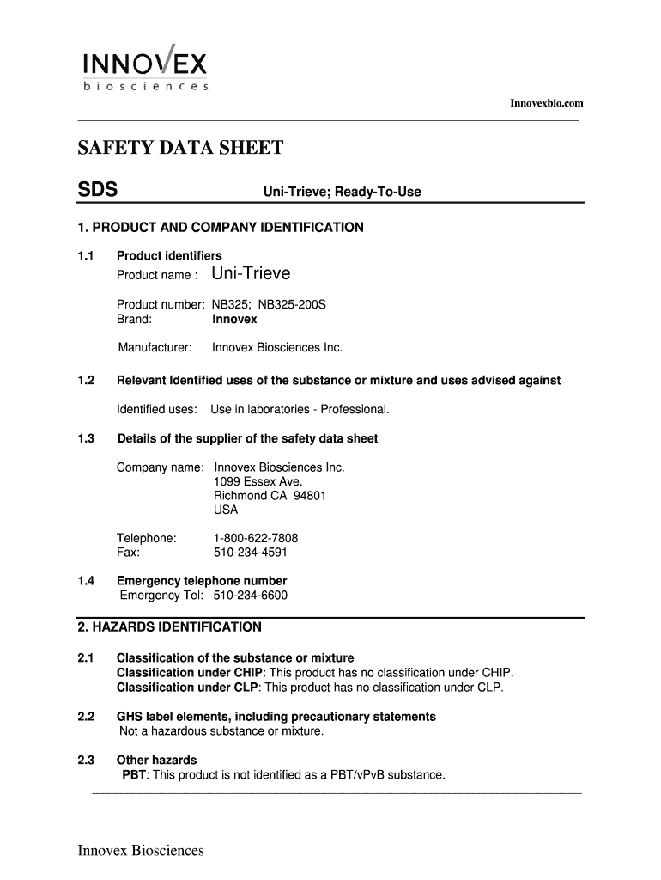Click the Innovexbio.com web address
tap(546, 103)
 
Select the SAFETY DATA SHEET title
tap(180, 149)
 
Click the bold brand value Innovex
tap(234, 319)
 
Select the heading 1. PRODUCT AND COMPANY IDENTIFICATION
tap(221, 228)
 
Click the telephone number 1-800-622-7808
tap(256, 538)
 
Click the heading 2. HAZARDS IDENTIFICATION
tap(169, 627)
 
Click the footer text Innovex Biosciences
tap(141, 851)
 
